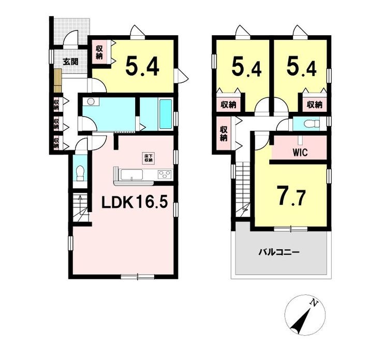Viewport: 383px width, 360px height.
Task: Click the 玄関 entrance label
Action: coord(70,62)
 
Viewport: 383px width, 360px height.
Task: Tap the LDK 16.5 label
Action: coord(135,202)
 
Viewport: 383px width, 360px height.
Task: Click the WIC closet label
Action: coord(300,153)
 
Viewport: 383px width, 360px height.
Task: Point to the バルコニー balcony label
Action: coord(279,251)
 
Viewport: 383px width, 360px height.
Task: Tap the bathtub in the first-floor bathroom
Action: coord(166,114)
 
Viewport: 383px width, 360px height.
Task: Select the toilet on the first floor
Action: coord(80,173)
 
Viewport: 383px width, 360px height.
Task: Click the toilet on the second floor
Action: coord(312,124)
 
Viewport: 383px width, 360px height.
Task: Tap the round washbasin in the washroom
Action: coord(91,101)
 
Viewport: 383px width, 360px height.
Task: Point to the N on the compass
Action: coord(314,304)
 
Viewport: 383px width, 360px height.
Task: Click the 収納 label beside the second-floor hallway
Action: coord(224,133)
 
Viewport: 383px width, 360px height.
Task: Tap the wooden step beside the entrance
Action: coord(57,81)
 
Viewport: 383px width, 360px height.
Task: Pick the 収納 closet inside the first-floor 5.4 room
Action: coord(99,52)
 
